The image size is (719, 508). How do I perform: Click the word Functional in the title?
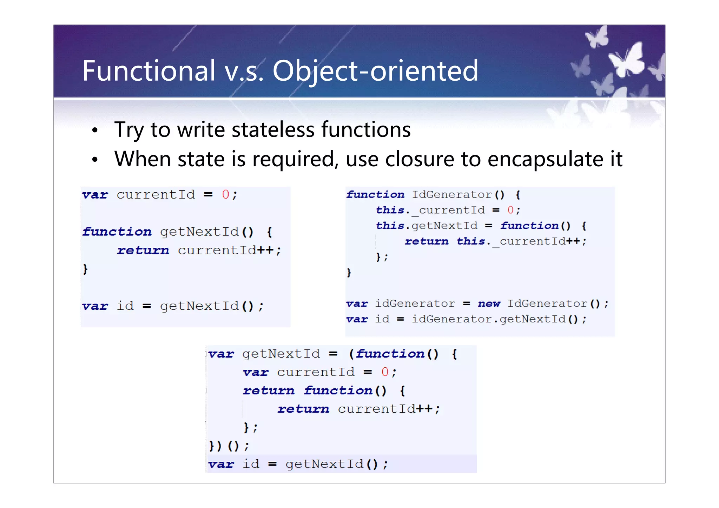pyautogui.click(x=149, y=71)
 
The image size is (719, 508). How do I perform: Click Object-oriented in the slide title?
pyautogui.click(x=375, y=72)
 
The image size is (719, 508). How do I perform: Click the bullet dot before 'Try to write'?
pyautogui.click(x=94, y=131)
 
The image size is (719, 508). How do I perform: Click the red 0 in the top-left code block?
pyautogui.click(x=225, y=195)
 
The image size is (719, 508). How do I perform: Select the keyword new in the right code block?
pyautogui.click(x=489, y=303)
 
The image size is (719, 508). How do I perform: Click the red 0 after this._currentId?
pyautogui.click(x=510, y=210)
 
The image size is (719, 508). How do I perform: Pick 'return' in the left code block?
pyautogui.click(x=143, y=250)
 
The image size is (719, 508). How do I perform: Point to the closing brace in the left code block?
pyautogui.click(x=85, y=269)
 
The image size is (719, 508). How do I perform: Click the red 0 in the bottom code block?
pyautogui.click(x=385, y=372)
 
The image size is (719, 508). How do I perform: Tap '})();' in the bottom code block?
pyautogui.click(x=229, y=446)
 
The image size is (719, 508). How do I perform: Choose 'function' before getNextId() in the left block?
pyautogui.click(x=117, y=232)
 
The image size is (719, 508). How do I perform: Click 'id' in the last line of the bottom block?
pyautogui.click(x=251, y=464)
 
